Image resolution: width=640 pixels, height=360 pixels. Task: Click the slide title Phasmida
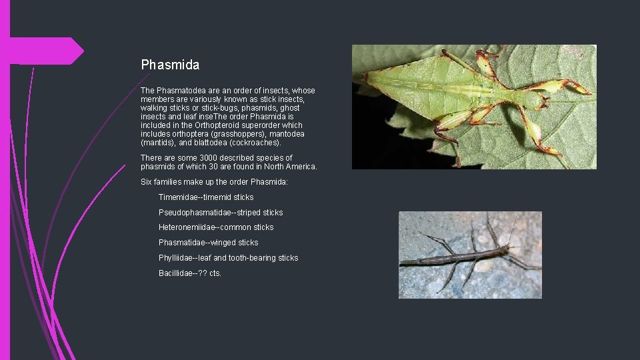pyautogui.click(x=170, y=65)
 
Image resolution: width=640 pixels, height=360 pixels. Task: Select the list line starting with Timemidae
pyautogui.click(x=206, y=197)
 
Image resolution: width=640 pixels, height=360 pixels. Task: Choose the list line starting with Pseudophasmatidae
pyautogui.click(x=221, y=213)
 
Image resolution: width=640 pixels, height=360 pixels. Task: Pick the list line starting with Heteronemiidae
pyautogui.click(x=216, y=227)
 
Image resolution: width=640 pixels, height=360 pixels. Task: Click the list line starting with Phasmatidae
pyautogui.click(x=208, y=243)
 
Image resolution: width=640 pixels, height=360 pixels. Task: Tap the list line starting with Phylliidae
pyautogui.click(x=228, y=258)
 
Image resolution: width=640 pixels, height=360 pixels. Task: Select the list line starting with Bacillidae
pyautogui.click(x=190, y=273)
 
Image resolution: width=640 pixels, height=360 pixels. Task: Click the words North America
pyautogui.click(x=290, y=167)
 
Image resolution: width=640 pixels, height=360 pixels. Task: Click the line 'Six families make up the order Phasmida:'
pyautogui.click(x=214, y=182)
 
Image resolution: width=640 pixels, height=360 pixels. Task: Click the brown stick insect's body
pyautogui.click(x=453, y=257)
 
